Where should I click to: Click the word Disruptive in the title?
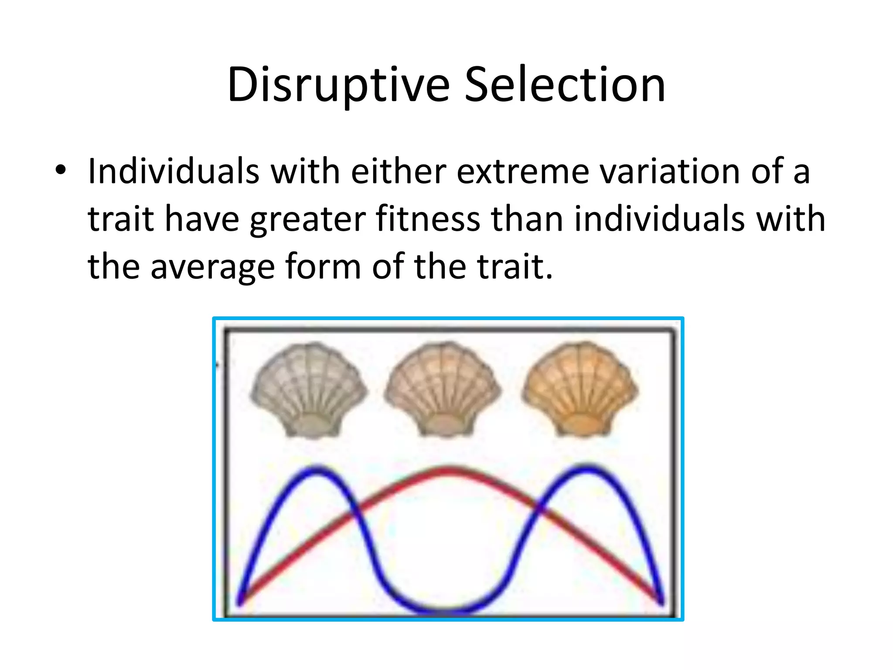point(338,85)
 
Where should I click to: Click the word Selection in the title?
point(565,85)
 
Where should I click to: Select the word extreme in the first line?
point(522,171)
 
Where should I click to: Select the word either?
point(398,171)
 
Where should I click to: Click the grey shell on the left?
point(309,390)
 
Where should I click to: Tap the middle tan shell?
point(443,390)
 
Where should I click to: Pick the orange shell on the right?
point(579,390)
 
